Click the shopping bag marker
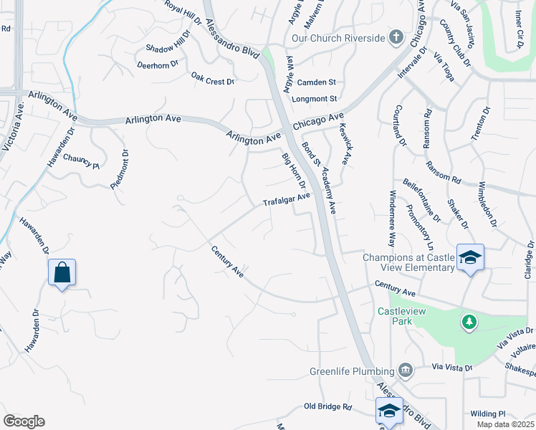[62, 272]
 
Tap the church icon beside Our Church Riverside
[396, 37]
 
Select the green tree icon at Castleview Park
[469, 322]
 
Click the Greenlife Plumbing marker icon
[406, 371]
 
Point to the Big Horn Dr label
[294, 171]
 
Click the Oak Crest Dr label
[213, 77]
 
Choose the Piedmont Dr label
[119, 169]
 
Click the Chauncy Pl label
[81, 161]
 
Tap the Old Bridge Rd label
[327, 406]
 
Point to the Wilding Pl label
[488, 414]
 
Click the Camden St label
[317, 82]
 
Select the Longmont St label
[315, 98]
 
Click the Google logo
[24, 421]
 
